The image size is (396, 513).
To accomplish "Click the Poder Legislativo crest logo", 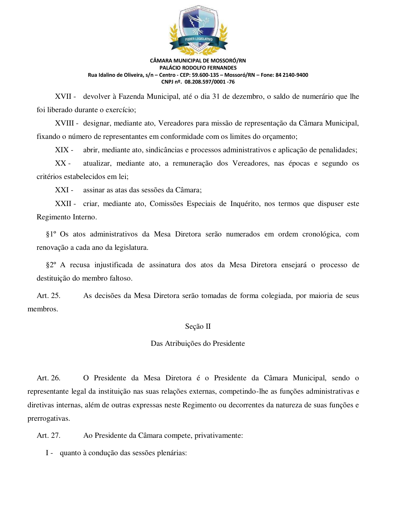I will (198, 30).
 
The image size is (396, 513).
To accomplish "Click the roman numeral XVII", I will (63, 97).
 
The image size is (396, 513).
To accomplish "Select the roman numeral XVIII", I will (65, 123).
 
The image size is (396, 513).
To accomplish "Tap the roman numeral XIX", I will (62, 150).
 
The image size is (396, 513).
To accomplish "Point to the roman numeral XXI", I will (62, 190).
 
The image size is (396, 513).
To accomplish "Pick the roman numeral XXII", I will (63, 204).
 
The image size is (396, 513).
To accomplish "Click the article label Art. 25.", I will (48, 296).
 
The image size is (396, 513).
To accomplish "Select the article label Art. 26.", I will (48, 378).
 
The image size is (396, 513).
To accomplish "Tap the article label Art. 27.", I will (48, 436).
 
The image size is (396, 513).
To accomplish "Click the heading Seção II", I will (198, 327).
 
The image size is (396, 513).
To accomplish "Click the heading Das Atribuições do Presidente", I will (198, 344).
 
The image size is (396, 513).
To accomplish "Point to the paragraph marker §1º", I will (51, 234).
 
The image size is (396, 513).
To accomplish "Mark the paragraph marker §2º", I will (51, 265).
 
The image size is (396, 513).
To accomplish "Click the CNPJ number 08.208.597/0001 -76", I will (210, 82).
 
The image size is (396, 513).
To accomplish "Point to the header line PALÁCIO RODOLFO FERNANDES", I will (198, 68).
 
